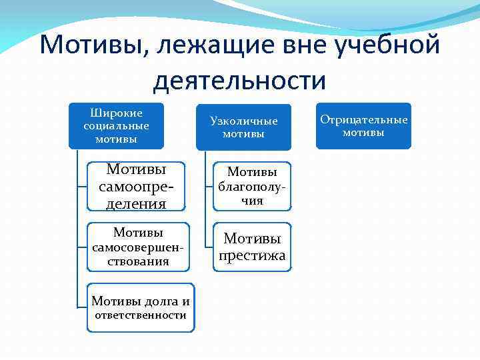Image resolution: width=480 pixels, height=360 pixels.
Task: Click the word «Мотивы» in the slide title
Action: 90,47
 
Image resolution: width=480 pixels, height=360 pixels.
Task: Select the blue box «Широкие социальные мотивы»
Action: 116,126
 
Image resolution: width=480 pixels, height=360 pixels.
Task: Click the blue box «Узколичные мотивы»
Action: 243,127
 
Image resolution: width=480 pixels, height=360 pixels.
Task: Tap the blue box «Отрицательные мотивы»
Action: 363,126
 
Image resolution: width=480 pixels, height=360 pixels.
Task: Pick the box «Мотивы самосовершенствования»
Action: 138,247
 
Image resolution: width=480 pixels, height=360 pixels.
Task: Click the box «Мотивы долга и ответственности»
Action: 141,308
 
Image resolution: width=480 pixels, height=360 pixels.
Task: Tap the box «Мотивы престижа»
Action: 252,247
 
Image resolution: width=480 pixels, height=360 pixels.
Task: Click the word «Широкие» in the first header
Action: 116,113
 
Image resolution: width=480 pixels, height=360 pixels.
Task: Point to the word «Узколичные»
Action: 243,121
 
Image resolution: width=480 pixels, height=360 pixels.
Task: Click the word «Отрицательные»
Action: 363,120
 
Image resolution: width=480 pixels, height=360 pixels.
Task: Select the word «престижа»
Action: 252,255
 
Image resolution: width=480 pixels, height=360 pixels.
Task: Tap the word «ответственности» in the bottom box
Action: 141,315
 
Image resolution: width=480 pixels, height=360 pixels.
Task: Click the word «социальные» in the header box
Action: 116,126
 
